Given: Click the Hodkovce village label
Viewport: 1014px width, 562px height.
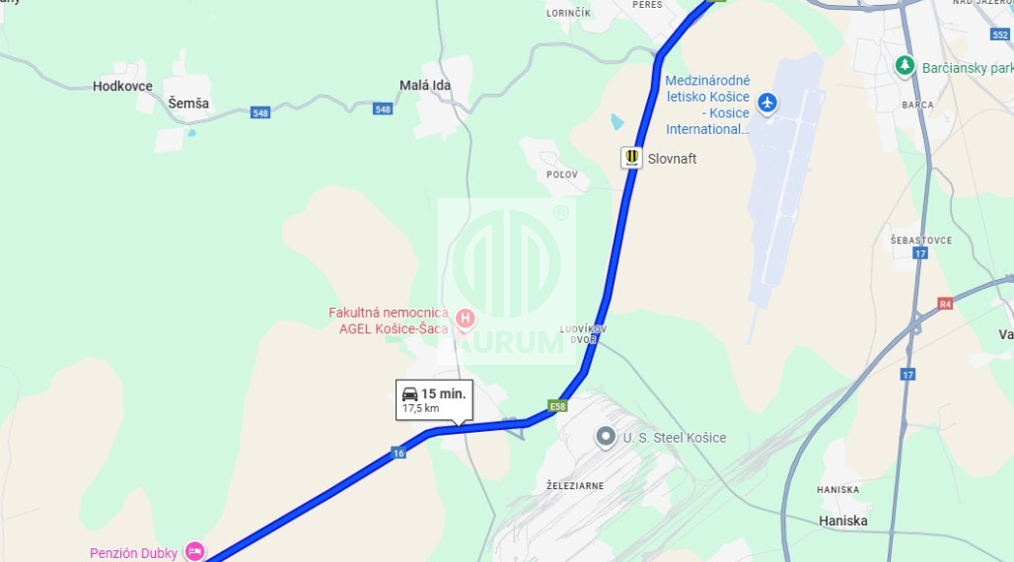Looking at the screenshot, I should [x=122, y=86].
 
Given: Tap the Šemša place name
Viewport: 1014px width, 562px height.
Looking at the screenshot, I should [x=187, y=103].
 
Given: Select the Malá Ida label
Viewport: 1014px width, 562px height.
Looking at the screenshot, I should [x=425, y=86].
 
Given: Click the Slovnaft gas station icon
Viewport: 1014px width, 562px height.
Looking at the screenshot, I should [x=631, y=158].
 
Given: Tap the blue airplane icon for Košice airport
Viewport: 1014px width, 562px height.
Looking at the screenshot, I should [x=766, y=102].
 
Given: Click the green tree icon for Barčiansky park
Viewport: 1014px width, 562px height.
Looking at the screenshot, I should [x=905, y=66].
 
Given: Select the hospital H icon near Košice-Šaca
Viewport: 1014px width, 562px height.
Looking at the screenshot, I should [x=466, y=318].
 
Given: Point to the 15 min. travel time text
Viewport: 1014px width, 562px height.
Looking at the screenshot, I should [x=442, y=393].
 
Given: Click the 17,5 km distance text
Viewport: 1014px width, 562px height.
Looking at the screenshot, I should [x=421, y=408].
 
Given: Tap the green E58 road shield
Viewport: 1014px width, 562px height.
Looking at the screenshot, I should [x=558, y=406].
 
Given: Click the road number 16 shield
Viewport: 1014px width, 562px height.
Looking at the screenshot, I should [x=398, y=453].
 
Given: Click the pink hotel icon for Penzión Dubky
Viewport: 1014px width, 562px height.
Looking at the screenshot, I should [x=195, y=551].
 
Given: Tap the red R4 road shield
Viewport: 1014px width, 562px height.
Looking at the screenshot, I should [x=946, y=304].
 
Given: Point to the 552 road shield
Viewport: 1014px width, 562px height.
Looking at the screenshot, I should [x=1000, y=35].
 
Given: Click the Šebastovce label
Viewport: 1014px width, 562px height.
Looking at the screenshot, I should [x=920, y=240].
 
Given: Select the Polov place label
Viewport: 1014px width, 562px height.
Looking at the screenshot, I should [x=561, y=174].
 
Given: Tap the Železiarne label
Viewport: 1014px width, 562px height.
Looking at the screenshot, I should [x=574, y=486].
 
